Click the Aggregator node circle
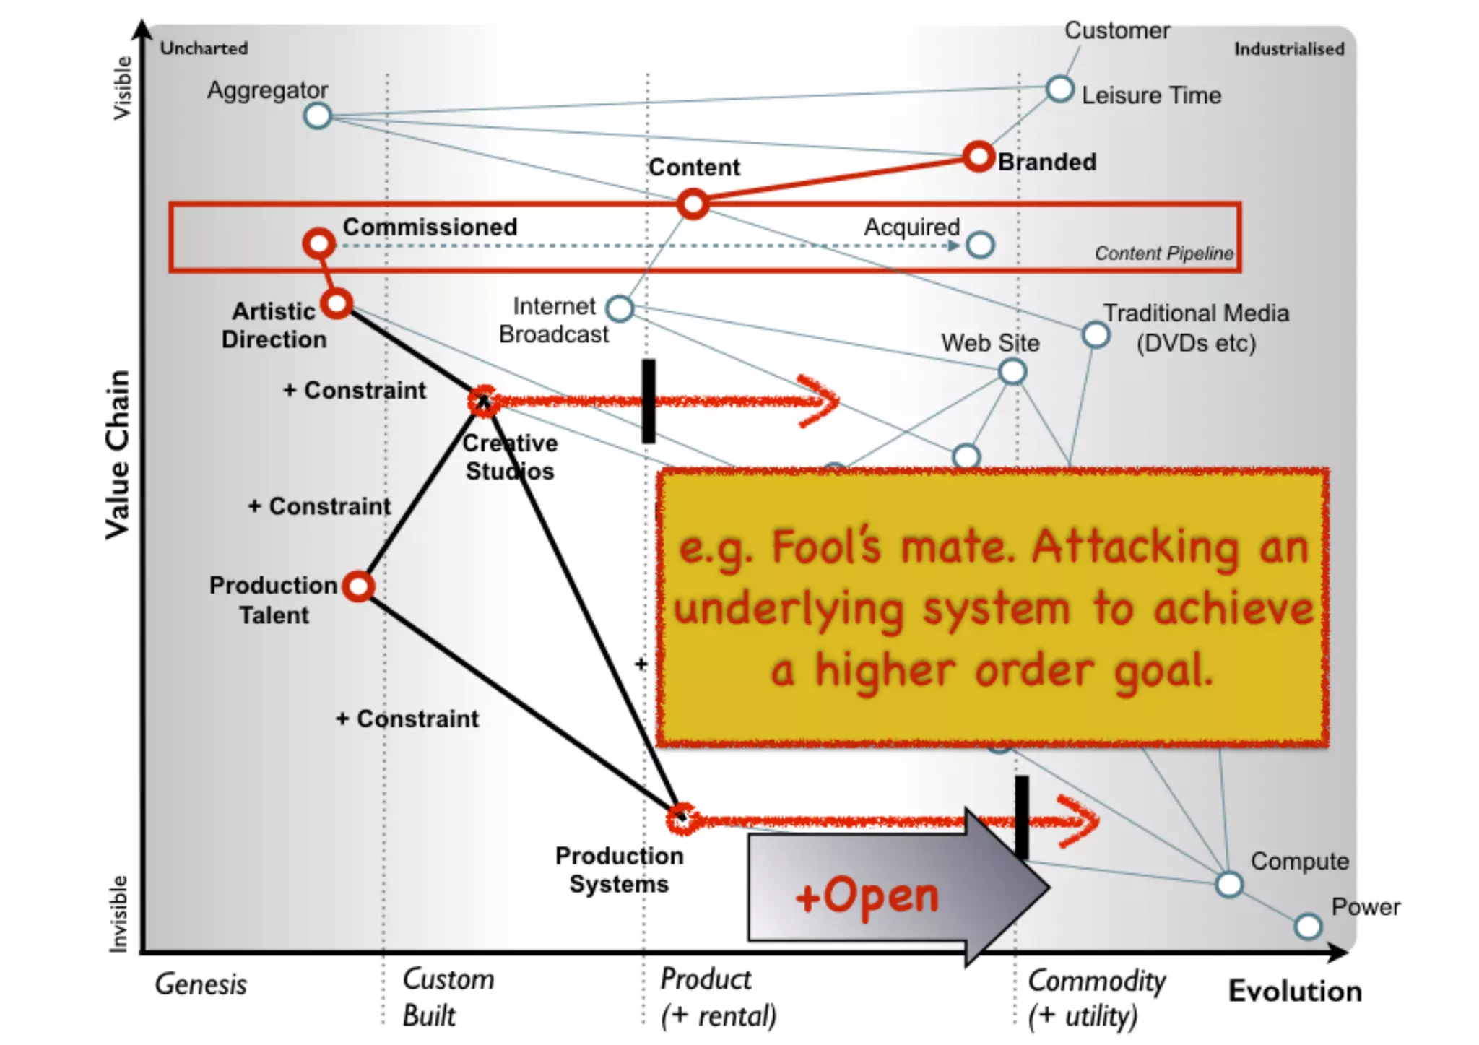tap(318, 116)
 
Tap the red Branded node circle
tap(979, 157)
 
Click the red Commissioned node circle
tap(319, 244)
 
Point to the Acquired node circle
tap(980, 245)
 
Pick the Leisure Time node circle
tap(1059, 89)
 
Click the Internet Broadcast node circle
tap(620, 308)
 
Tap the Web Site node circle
tap(1012, 372)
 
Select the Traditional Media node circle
tap(1096, 334)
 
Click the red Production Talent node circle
tap(359, 586)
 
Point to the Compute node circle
tap(1229, 884)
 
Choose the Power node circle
tap(1308, 926)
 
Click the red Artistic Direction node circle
tap(337, 303)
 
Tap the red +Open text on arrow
tap(867, 896)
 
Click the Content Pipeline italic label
tap(1163, 253)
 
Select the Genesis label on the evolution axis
tap(201, 984)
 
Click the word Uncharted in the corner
tap(204, 48)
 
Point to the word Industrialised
tap(1289, 49)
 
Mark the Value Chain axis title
tap(118, 455)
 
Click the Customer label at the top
tap(1117, 30)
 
